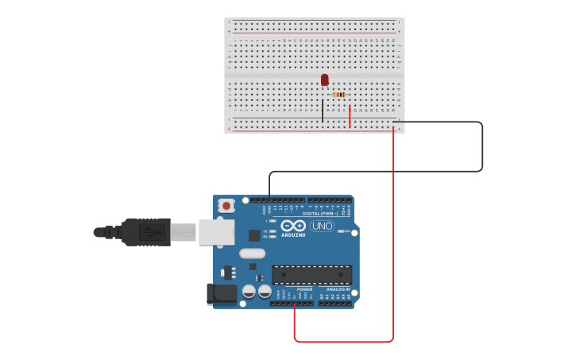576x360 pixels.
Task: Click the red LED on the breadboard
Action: coord(324,79)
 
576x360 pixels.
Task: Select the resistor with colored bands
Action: coord(339,95)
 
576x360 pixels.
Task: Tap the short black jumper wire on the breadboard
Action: coord(323,110)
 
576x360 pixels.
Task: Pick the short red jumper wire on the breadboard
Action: coord(350,115)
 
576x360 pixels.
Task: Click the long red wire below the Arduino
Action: coord(343,342)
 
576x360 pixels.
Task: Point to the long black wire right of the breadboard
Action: coord(482,147)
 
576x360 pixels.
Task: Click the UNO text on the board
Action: coord(322,226)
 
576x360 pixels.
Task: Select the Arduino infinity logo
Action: coord(293,226)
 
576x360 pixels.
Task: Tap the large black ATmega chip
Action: coord(311,275)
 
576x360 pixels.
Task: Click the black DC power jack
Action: coord(222,294)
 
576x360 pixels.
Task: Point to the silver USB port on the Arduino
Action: coord(216,232)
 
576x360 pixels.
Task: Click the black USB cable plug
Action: coord(147,232)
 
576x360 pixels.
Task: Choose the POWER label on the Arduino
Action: coord(293,289)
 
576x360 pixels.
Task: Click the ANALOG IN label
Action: coord(338,289)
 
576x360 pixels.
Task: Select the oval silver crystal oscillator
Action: coord(252,254)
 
